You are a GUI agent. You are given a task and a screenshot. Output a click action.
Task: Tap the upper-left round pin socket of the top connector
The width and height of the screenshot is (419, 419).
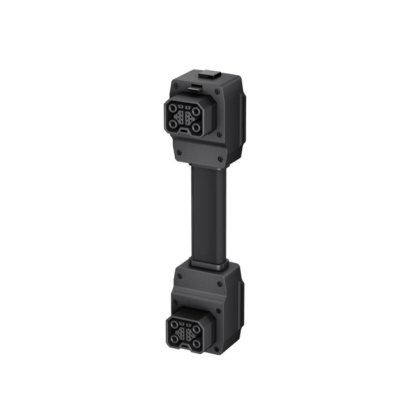click(173, 109)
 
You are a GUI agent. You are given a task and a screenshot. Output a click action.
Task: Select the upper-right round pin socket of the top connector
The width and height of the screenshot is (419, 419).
click(196, 111)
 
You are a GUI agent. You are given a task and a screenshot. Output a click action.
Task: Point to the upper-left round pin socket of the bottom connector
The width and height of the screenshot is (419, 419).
click(173, 323)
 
